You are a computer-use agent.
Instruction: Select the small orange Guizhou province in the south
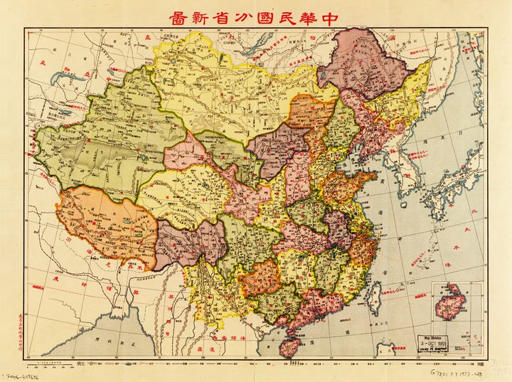(x=265, y=276)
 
